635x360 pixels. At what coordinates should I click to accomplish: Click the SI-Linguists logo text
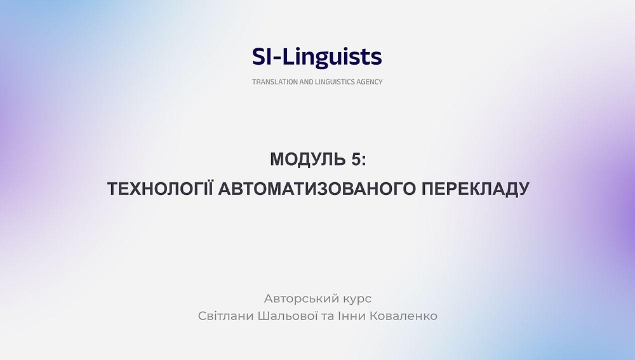click(x=317, y=57)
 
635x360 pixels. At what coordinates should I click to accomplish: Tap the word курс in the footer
click(x=352, y=298)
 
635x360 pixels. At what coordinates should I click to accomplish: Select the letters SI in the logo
click(x=260, y=57)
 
